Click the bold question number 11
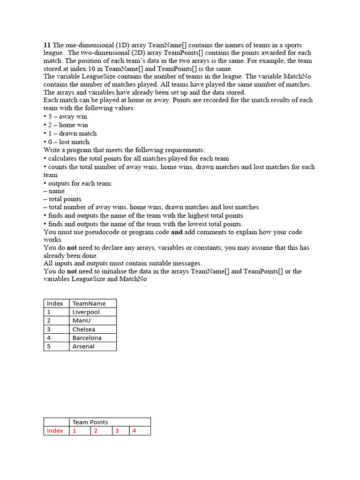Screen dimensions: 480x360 [x=47, y=45]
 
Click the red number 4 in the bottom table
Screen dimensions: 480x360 [x=134, y=431]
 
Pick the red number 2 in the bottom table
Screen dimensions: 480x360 [x=96, y=431]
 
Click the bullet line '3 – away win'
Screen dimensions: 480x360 [x=66, y=116]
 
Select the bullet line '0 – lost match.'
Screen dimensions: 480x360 [x=67, y=142]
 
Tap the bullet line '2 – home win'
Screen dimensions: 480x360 [x=66, y=125]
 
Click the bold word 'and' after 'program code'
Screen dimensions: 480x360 [x=177, y=232]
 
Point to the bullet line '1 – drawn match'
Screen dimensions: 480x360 [x=70, y=133]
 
